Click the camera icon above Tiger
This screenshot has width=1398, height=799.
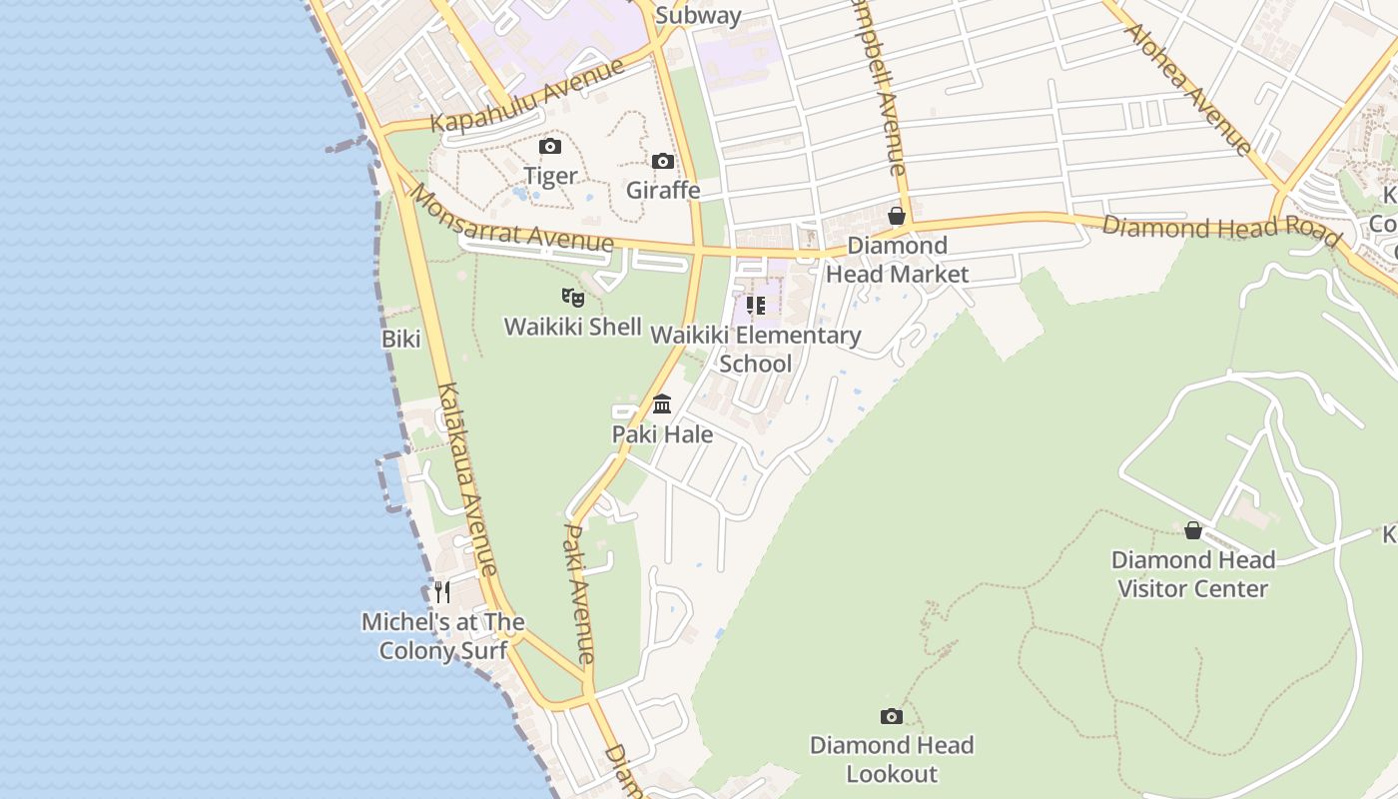pyautogui.click(x=549, y=147)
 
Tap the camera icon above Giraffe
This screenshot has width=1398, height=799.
pyautogui.click(x=662, y=161)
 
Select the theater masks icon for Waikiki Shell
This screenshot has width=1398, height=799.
pyautogui.click(x=572, y=297)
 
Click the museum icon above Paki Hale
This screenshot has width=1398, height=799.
pyautogui.click(x=662, y=404)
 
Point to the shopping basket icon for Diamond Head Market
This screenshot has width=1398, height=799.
pyautogui.click(x=897, y=216)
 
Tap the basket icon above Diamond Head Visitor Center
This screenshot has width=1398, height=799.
pyautogui.click(x=1192, y=530)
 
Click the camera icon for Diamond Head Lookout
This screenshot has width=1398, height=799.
pyautogui.click(x=891, y=716)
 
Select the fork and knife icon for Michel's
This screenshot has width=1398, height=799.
pyautogui.click(x=442, y=592)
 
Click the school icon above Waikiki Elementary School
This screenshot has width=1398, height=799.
pyautogui.click(x=755, y=306)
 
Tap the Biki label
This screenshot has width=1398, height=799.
pyautogui.click(x=400, y=339)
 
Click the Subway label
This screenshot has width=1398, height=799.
pyautogui.click(x=699, y=15)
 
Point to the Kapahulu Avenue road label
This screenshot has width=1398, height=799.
pyautogui.click(x=527, y=96)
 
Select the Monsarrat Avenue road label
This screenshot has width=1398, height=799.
pyautogui.click(x=510, y=219)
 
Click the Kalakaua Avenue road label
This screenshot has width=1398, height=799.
pyautogui.click(x=466, y=479)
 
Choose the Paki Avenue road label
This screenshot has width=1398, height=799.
pyautogui.click(x=579, y=593)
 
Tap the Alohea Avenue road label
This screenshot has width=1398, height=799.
pyautogui.click(x=1187, y=88)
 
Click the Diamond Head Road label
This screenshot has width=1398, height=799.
pyautogui.click(x=1220, y=229)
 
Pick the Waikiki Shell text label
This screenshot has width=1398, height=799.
pyautogui.click(x=572, y=327)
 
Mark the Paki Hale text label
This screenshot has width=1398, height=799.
pyautogui.click(x=662, y=434)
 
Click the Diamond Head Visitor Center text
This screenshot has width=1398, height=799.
pyautogui.click(x=1192, y=574)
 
